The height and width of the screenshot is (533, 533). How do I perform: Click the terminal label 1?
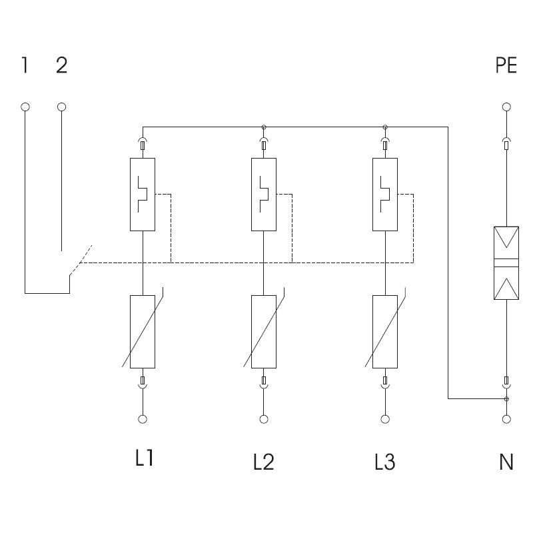tap(25, 66)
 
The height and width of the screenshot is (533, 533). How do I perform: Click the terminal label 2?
tap(61, 66)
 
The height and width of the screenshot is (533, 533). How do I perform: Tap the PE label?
tap(506, 66)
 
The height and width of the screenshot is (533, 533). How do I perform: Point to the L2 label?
tap(264, 461)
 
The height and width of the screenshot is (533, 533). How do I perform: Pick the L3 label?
tap(385, 461)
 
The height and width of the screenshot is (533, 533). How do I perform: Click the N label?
tap(506, 461)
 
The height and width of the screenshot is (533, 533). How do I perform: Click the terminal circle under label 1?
tap(25, 107)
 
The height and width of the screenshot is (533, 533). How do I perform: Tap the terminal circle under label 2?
tap(62, 107)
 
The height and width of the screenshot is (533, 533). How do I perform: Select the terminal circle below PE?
tap(506, 107)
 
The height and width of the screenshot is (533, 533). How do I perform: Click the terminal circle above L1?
tap(143, 419)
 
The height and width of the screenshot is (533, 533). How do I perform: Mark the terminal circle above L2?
tap(264, 419)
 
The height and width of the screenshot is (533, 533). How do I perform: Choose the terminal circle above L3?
tap(385, 419)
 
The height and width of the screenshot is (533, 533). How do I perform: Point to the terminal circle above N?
tap(506, 419)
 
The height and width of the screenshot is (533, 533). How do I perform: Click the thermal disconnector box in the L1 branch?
tap(143, 195)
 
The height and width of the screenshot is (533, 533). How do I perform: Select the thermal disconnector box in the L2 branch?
tap(264, 195)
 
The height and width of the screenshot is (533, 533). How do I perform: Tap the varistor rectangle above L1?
tap(143, 331)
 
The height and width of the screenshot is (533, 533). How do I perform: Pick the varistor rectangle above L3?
tap(385, 331)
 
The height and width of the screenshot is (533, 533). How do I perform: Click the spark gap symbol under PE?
tap(506, 263)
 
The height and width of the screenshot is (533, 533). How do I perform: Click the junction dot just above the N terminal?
tap(506, 399)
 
